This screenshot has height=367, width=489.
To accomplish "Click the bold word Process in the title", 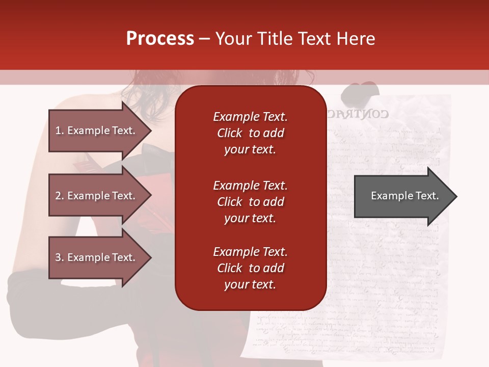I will point(160,39).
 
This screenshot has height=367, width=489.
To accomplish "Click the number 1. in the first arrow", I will point(60,130).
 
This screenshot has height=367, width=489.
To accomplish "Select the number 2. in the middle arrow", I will point(60,196).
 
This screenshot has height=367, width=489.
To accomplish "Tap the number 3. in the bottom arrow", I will point(60,257).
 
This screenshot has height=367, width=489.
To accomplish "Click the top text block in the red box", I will point(250,133).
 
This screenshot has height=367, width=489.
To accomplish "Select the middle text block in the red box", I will point(250,202).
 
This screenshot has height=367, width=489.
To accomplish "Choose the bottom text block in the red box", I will point(250,268).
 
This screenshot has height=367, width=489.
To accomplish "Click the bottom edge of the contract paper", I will point(346,357).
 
